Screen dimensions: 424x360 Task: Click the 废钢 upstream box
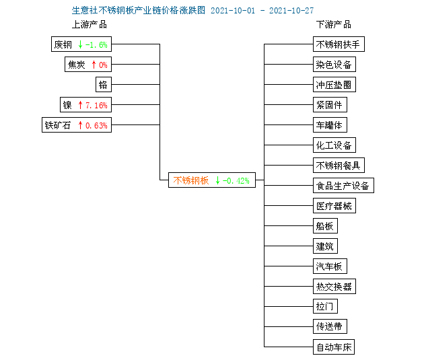[81, 44]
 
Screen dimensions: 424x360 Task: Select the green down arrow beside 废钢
[80, 44]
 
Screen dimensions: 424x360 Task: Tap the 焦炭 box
[88, 65]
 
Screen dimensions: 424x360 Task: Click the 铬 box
[104, 85]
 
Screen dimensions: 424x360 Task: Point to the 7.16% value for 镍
[96, 105]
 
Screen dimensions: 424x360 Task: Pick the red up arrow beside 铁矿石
[80, 125]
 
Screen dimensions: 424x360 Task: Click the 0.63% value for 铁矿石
[96, 125]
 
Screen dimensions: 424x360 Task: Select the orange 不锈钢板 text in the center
[191, 180]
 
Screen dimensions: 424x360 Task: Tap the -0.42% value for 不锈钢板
[236, 180]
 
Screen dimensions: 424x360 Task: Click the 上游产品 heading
[90, 25]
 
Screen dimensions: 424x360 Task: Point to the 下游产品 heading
[334, 25]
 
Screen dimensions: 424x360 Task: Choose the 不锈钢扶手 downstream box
[339, 44]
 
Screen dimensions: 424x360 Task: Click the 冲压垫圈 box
[334, 85]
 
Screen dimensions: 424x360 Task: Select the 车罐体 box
[330, 125]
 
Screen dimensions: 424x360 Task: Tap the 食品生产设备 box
[343, 186]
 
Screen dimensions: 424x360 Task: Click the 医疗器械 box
[334, 206]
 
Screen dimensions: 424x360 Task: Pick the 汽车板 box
[330, 266]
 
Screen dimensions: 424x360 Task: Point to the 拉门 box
[325, 306]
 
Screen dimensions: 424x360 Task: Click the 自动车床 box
[334, 347]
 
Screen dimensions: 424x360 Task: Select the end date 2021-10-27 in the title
[291, 11]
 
